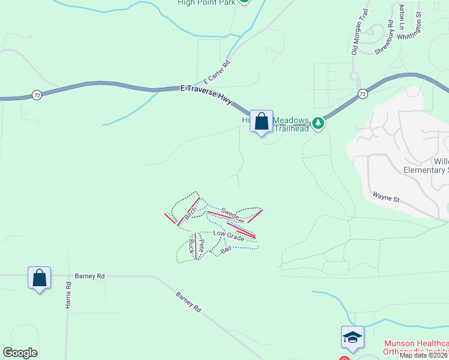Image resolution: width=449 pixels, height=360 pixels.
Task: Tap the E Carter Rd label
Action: [x=217, y=73]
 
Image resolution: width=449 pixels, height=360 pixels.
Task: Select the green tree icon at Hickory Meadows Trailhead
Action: [x=318, y=124]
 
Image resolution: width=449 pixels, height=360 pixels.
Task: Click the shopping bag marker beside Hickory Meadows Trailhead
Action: [x=261, y=122]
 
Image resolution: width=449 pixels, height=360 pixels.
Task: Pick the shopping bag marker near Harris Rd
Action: [x=39, y=278]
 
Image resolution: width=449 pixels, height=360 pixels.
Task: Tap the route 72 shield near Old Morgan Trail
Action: [x=362, y=94]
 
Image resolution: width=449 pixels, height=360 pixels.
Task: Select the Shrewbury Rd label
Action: [x=384, y=38]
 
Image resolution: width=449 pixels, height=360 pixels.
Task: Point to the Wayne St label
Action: [x=386, y=196]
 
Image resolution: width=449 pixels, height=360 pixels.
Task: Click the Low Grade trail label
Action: [x=229, y=236]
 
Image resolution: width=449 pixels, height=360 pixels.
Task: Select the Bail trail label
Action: [x=226, y=249]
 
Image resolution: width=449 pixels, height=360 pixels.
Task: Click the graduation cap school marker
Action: [x=352, y=337]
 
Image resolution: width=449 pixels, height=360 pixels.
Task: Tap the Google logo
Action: [x=20, y=353]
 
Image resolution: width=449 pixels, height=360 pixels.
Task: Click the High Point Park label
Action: [x=206, y=2]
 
